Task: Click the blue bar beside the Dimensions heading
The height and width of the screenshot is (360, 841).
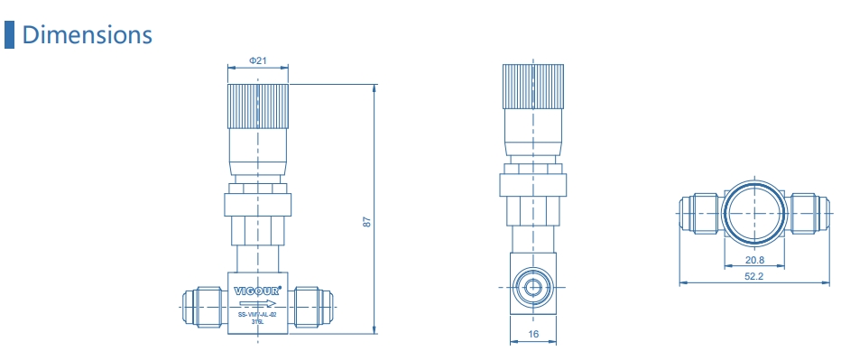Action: (x=12, y=35)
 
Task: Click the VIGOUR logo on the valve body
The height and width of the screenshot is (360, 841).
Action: (x=258, y=291)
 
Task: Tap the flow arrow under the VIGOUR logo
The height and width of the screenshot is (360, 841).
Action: (x=258, y=304)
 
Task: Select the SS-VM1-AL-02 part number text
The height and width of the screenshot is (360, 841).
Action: (x=258, y=314)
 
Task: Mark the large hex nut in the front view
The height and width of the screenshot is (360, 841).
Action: (x=258, y=204)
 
